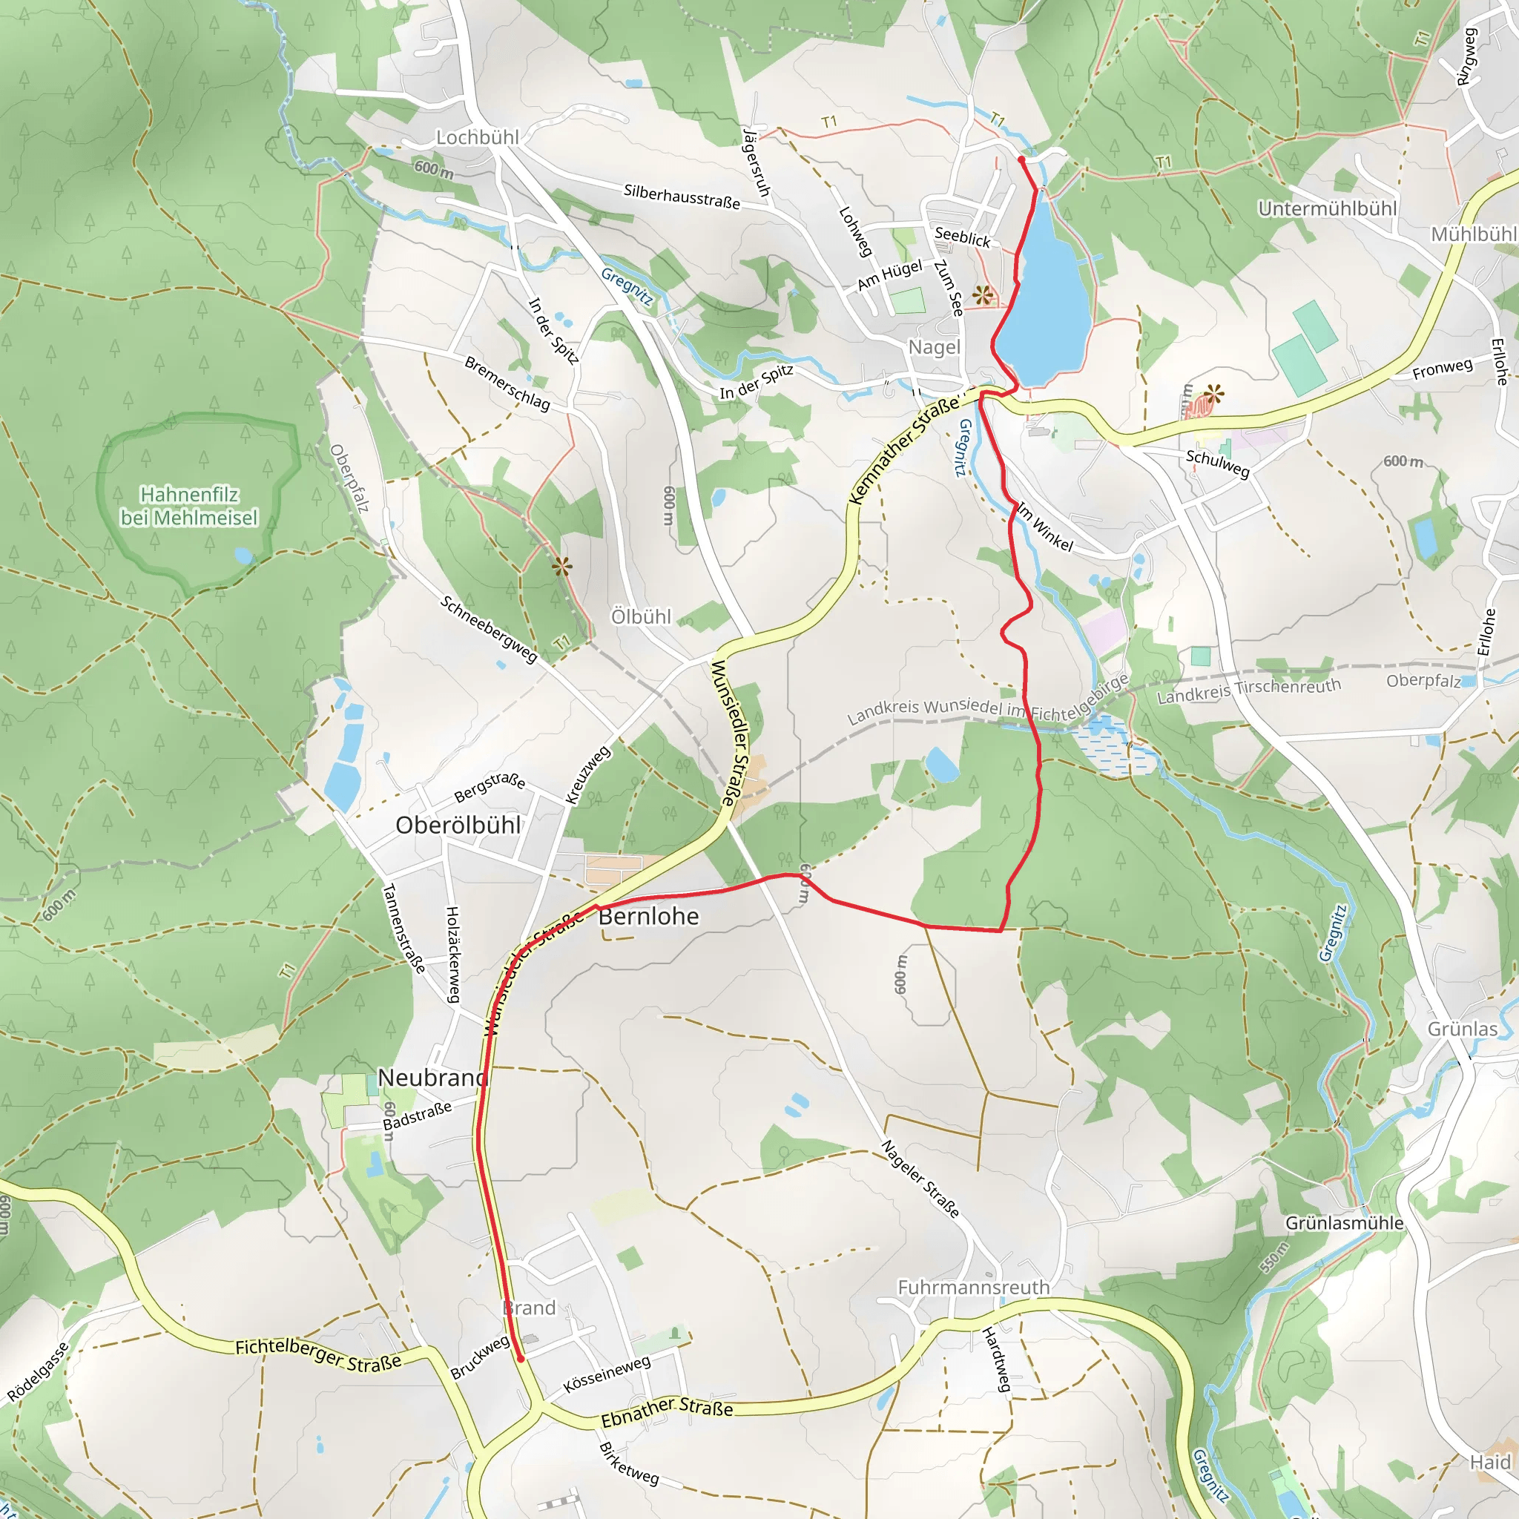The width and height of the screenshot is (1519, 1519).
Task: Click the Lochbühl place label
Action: tap(477, 138)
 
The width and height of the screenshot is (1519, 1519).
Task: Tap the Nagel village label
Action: tap(934, 348)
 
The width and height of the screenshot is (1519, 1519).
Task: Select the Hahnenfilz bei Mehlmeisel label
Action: tap(188, 507)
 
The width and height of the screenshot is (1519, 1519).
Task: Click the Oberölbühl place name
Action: tap(458, 826)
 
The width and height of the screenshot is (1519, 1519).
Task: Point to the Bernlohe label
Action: tap(649, 917)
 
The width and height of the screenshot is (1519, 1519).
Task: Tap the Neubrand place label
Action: tap(432, 1078)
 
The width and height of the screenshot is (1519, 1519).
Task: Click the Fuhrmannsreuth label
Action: tap(973, 1288)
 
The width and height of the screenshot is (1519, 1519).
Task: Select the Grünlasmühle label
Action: tap(1345, 1223)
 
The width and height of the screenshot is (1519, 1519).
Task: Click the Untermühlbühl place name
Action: tap(1327, 209)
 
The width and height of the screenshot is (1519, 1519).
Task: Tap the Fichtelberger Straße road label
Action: tap(318, 1354)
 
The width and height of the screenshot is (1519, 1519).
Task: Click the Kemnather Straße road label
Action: tap(904, 449)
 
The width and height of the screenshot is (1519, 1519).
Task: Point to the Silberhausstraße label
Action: tap(682, 197)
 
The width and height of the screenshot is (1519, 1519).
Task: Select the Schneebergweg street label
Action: tap(488, 630)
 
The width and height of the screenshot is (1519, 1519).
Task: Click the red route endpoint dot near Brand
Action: tap(521, 1358)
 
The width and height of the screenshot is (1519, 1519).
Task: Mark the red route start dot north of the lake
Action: tap(1021, 159)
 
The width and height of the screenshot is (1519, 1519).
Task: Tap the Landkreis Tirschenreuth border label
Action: tap(1248, 691)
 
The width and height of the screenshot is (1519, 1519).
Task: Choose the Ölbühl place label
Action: tap(642, 617)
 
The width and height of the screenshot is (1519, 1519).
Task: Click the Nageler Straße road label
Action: tap(920, 1179)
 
